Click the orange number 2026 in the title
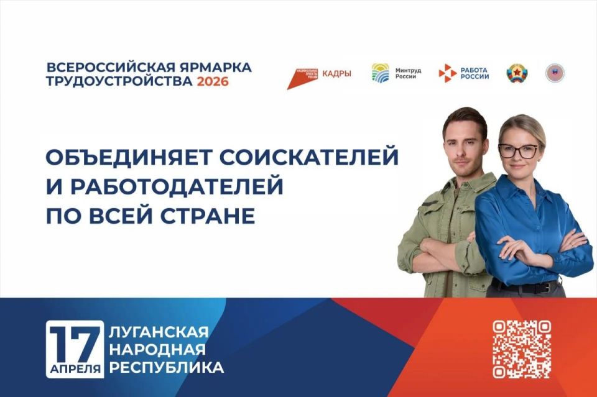[213, 82]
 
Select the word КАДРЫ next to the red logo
[336, 73]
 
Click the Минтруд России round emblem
[381, 73]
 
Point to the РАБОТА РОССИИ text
[474, 73]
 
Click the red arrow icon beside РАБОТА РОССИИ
[447, 73]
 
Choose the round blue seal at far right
[554, 73]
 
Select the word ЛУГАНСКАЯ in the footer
[159, 332]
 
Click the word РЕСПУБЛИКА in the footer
[167, 368]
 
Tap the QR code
[522, 349]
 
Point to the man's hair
[464, 118]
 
